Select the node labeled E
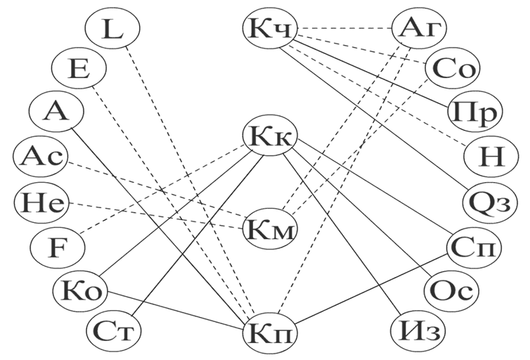click(79, 70)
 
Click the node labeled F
click(58, 247)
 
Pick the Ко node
click(79, 290)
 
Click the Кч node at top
click(270, 28)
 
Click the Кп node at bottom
click(270, 330)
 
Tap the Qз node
click(490, 203)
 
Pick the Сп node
click(474, 247)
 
